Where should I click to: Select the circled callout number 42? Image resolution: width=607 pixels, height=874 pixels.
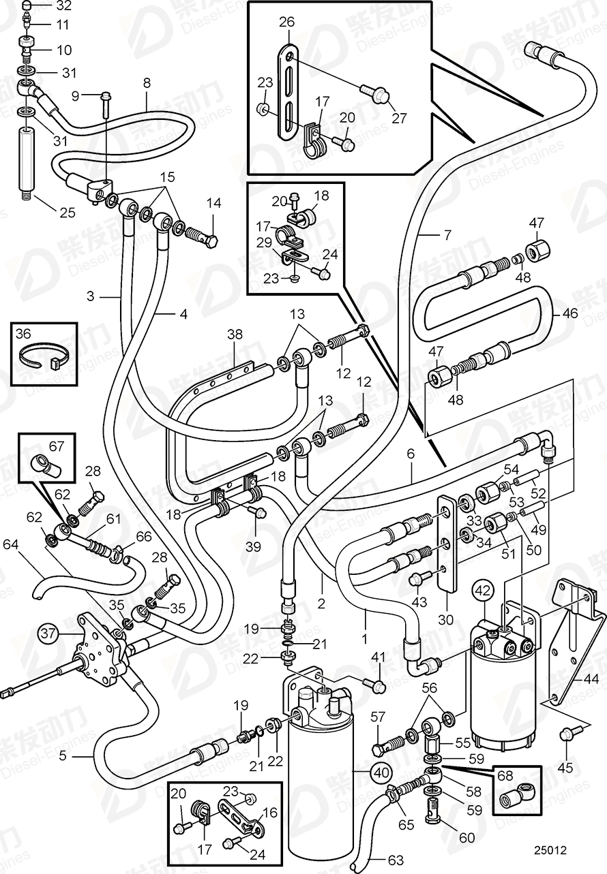click(483, 590)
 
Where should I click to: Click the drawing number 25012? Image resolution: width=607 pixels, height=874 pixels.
click(550, 850)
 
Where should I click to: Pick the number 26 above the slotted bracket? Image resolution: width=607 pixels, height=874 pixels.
click(286, 22)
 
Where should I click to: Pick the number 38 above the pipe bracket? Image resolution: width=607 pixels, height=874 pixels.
click(235, 334)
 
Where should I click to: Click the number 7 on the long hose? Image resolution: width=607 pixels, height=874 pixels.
click(447, 236)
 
